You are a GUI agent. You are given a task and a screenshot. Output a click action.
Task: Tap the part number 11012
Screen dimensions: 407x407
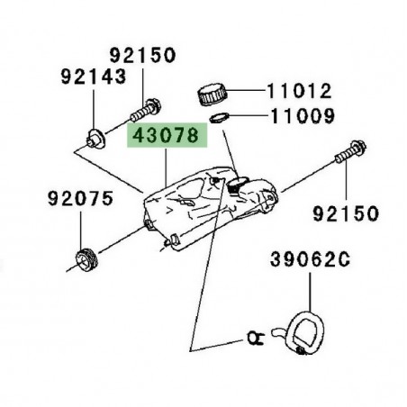tap(298, 91)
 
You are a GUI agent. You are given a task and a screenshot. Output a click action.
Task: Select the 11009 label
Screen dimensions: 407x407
tap(298, 116)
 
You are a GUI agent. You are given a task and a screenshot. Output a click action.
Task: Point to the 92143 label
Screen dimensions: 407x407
tap(93, 77)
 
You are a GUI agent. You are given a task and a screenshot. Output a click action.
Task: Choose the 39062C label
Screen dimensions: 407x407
tap(305, 261)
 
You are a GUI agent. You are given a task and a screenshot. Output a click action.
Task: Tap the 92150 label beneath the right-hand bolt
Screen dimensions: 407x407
tap(347, 213)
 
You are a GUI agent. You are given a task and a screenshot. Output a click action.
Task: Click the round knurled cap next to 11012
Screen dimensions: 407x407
tap(213, 92)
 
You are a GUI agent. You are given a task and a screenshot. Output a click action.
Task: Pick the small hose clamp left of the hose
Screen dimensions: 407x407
tap(255, 339)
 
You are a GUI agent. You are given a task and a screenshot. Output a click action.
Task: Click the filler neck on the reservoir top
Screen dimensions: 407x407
tap(238, 185)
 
